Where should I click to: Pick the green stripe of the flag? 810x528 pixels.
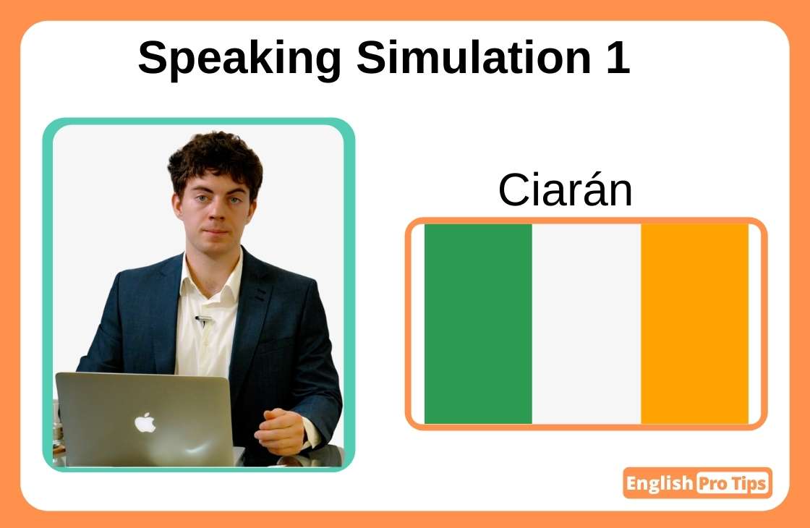[478, 323]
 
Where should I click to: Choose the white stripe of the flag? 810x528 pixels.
[586, 323]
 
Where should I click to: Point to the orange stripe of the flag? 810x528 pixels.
[694, 323]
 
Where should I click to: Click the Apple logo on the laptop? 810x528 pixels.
[145, 422]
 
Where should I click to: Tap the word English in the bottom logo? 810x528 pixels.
[659, 483]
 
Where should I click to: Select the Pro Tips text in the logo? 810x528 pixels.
[731, 483]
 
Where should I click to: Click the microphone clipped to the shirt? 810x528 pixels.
[204, 319]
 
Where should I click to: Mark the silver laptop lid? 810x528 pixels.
[145, 420]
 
